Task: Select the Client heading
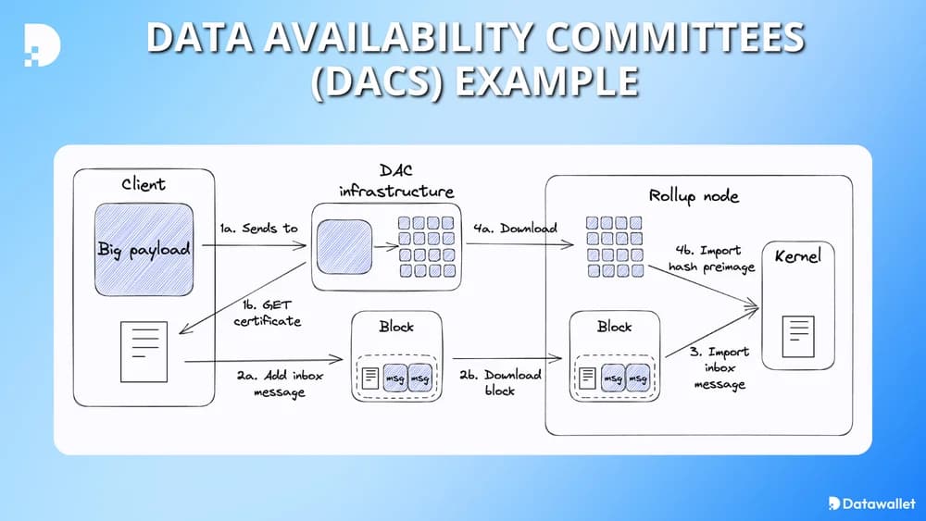(x=143, y=184)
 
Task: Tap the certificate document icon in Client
(x=144, y=352)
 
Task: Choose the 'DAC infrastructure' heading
(x=396, y=181)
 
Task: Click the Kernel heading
(x=796, y=254)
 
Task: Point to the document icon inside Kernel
(x=797, y=336)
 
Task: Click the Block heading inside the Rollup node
(x=614, y=326)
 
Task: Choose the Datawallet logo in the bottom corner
(x=870, y=503)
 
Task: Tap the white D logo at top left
(x=43, y=43)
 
